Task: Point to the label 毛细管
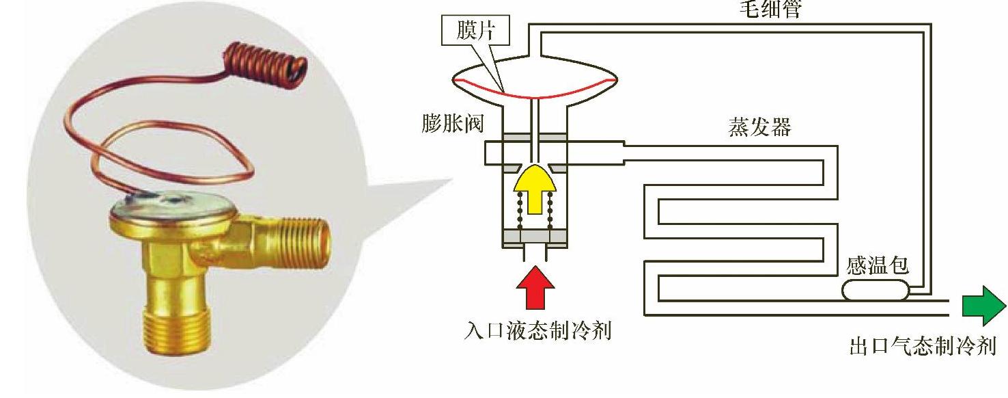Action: pyautogui.click(x=770, y=10)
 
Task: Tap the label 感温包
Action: pyautogui.click(x=878, y=265)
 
